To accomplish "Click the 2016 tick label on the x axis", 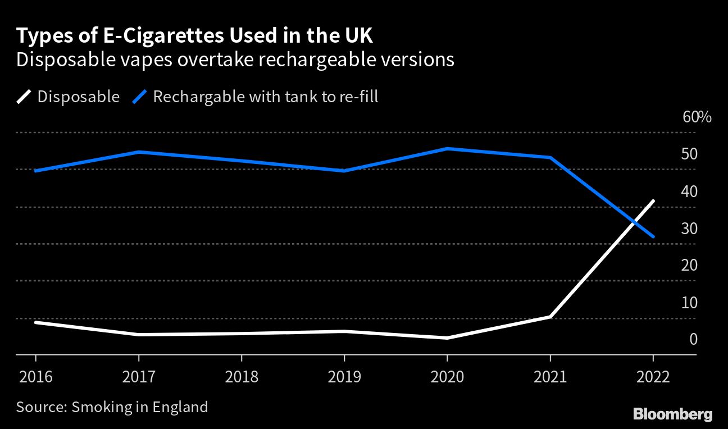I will tap(35, 376).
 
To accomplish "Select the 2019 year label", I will tap(344, 376).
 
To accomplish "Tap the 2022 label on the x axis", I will tap(653, 376).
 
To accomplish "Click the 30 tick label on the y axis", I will tap(689, 229).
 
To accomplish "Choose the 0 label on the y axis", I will tap(693, 339).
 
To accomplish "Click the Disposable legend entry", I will tap(78, 97).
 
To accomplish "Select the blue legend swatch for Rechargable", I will tap(140, 97).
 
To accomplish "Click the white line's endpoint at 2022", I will tap(653, 201).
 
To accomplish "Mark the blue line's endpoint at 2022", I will tap(653, 236).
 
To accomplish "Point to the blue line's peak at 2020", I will tap(447, 149).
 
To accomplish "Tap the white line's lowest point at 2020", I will tap(447, 337).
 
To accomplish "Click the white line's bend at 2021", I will tap(550, 317).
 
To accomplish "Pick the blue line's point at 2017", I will tap(139, 152).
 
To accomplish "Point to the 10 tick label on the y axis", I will tap(689, 303).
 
